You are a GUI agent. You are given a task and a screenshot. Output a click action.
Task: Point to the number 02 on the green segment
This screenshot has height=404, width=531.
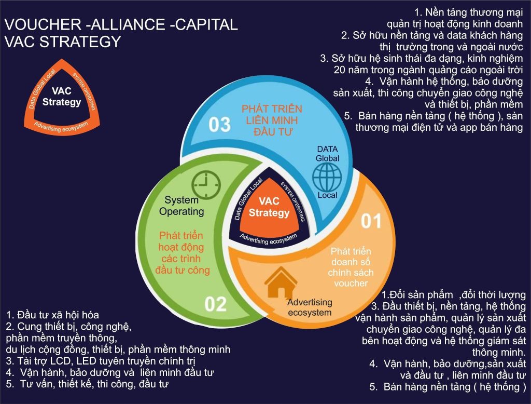coord(215,304)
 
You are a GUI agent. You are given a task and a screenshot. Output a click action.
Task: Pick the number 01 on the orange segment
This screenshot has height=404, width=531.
coord(371,221)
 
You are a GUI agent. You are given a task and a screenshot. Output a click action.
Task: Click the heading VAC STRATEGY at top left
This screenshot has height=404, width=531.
coord(62,42)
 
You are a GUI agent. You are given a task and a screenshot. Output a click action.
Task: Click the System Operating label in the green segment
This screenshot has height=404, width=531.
coord(181,206)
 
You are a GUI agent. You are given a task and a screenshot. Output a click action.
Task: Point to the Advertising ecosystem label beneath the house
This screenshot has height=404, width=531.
coord(309,307)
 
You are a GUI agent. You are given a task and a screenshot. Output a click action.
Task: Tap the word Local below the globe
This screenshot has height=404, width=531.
coord(327,195)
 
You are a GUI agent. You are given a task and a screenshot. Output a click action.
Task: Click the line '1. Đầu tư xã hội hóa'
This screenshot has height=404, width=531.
coord(52,315)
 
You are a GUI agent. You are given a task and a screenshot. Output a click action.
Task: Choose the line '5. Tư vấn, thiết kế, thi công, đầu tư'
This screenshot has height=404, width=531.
coord(88,384)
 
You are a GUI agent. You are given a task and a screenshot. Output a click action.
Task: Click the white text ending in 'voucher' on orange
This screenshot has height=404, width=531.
coord(351,267)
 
